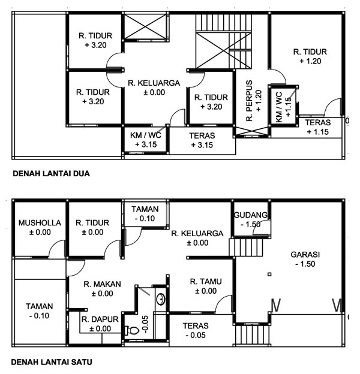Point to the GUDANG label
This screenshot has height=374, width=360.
coord(250,215)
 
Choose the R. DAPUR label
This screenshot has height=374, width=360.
coord(99,319)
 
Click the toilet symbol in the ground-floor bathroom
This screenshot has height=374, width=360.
coord(131,329)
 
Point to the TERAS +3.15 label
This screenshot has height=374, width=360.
coord(202,136)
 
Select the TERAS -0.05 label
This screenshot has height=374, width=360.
coord(196,327)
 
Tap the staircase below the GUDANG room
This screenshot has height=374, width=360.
coord(248,246)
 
